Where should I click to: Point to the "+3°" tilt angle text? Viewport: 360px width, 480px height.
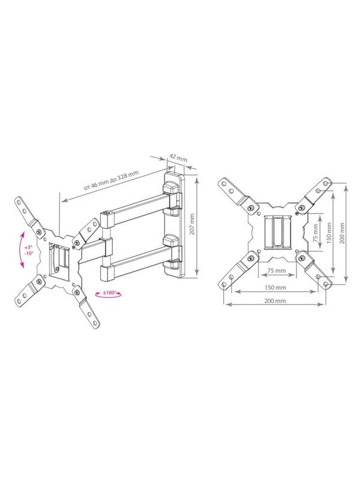(28, 247)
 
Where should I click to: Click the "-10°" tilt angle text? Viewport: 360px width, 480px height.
(28, 254)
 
